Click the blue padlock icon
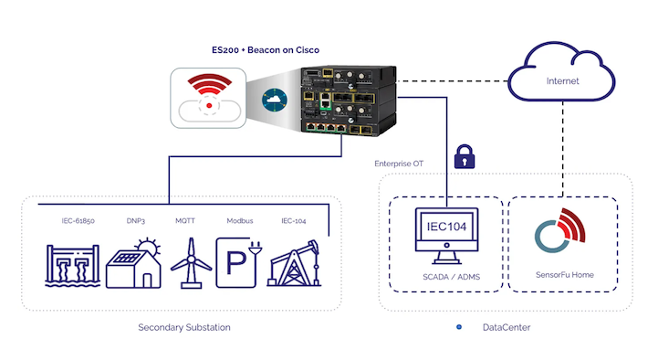(464, 157)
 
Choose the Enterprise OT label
(399, 164)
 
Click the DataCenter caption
(506, 327)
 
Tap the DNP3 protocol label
(137, 221)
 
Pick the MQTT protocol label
(186, 221)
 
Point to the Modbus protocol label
(239, 221)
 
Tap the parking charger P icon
(239, 264)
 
